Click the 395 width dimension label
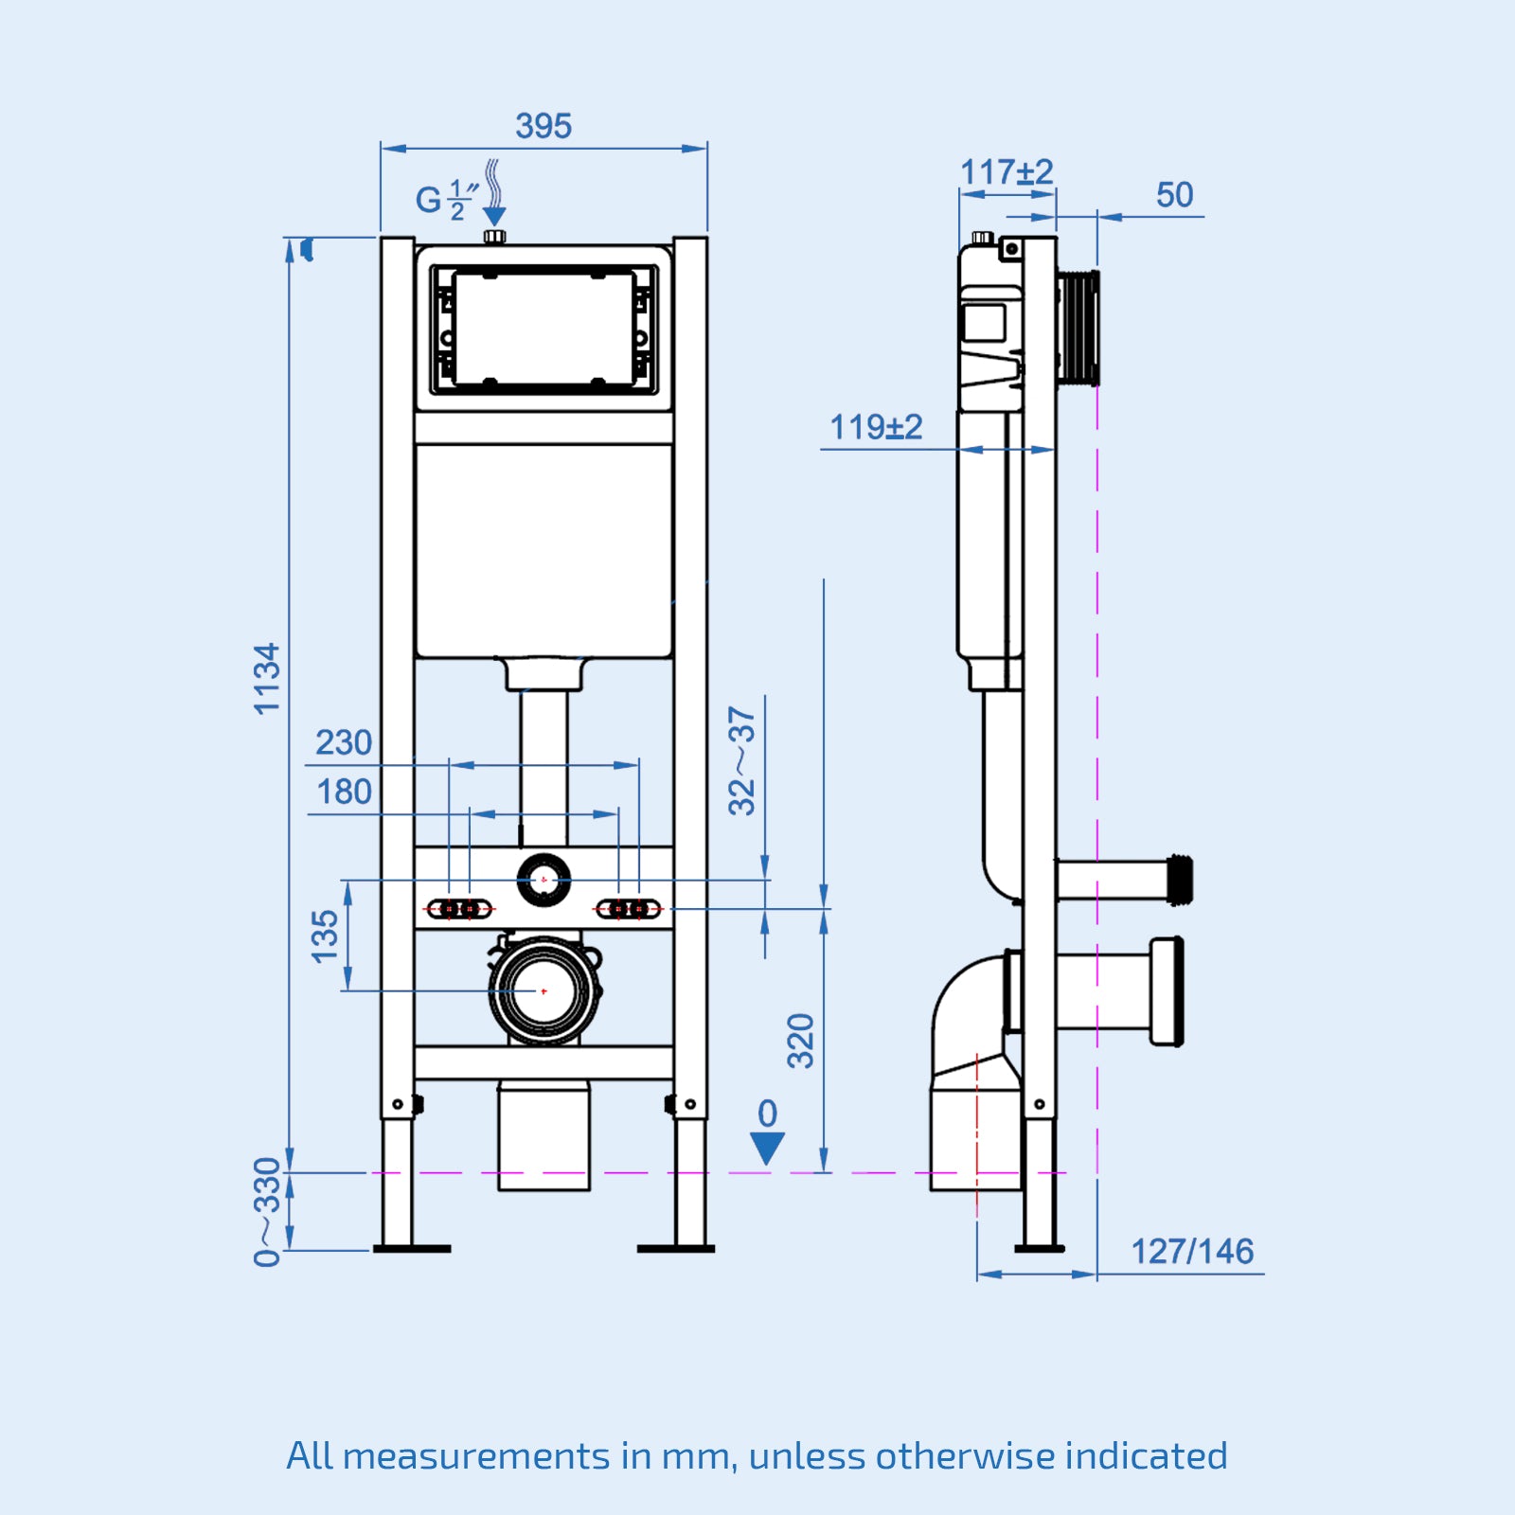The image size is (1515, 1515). coord(544,126)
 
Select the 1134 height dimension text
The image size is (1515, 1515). coord(268,678)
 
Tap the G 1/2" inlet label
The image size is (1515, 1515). coord(446,200)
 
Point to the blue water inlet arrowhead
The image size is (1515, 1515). coord(494,217)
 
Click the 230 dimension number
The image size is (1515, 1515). coord(344,742)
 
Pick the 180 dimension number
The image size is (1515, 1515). coord(344,792)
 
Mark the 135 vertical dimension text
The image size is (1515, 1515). coord(325,936)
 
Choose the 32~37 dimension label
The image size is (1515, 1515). coord(742,760)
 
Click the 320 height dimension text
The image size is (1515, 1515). coord(801,1041)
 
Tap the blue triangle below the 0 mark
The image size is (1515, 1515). coord(767,1148)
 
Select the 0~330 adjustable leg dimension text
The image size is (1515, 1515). coord(268,1211)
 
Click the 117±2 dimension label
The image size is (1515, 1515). coord(1007,172)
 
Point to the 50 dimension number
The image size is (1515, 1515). coord(1174,195)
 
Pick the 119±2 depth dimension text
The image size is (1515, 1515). coord(876,427)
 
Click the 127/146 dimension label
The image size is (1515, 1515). coord(1192,1252)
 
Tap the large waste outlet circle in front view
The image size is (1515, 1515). coord(544,990)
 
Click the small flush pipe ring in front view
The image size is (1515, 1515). coord(544,880)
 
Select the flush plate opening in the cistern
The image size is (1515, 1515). coord(544,329)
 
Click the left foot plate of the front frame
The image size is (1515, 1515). coord(412,1249)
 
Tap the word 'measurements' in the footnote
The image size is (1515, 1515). coord(476,1455)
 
